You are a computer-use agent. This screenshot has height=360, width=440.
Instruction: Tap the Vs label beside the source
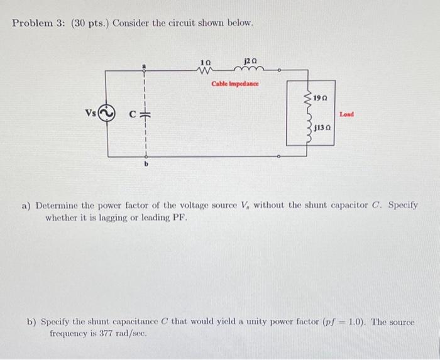coord(91,113)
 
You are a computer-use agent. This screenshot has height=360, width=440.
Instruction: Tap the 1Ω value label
coord(205,62)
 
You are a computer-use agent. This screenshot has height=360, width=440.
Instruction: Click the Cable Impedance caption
coord(235,83)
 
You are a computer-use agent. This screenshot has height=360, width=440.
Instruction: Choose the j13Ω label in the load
coord(324,128)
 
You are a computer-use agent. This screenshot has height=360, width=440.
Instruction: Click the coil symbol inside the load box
coord(307,115)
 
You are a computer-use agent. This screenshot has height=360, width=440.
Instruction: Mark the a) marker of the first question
coord(27,205)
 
